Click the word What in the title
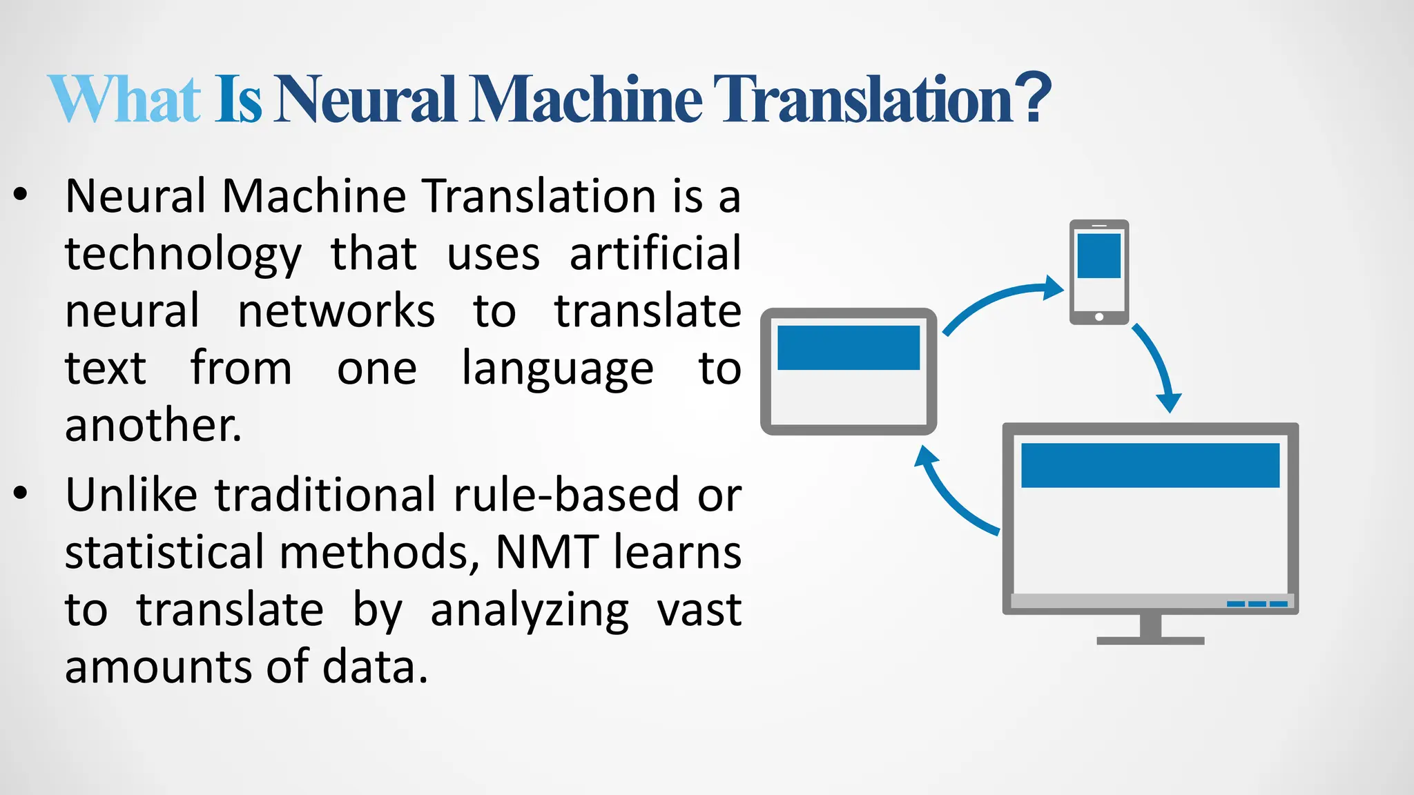[x=124, y=99]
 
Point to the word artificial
[x=655, y=254]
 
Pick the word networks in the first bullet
[x=336, y=311]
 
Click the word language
[x=557, y=370]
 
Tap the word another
[x=153, y=425]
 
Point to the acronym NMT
[x=547, y=552]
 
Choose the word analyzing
[x=530, y=611]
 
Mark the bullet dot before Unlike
[x=21, y=493]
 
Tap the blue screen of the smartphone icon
[x=1098, y=256]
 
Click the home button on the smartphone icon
[x=1099, y=317]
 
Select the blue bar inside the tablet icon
[x=849, y=348]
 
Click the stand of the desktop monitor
[x=1150, y=631]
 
